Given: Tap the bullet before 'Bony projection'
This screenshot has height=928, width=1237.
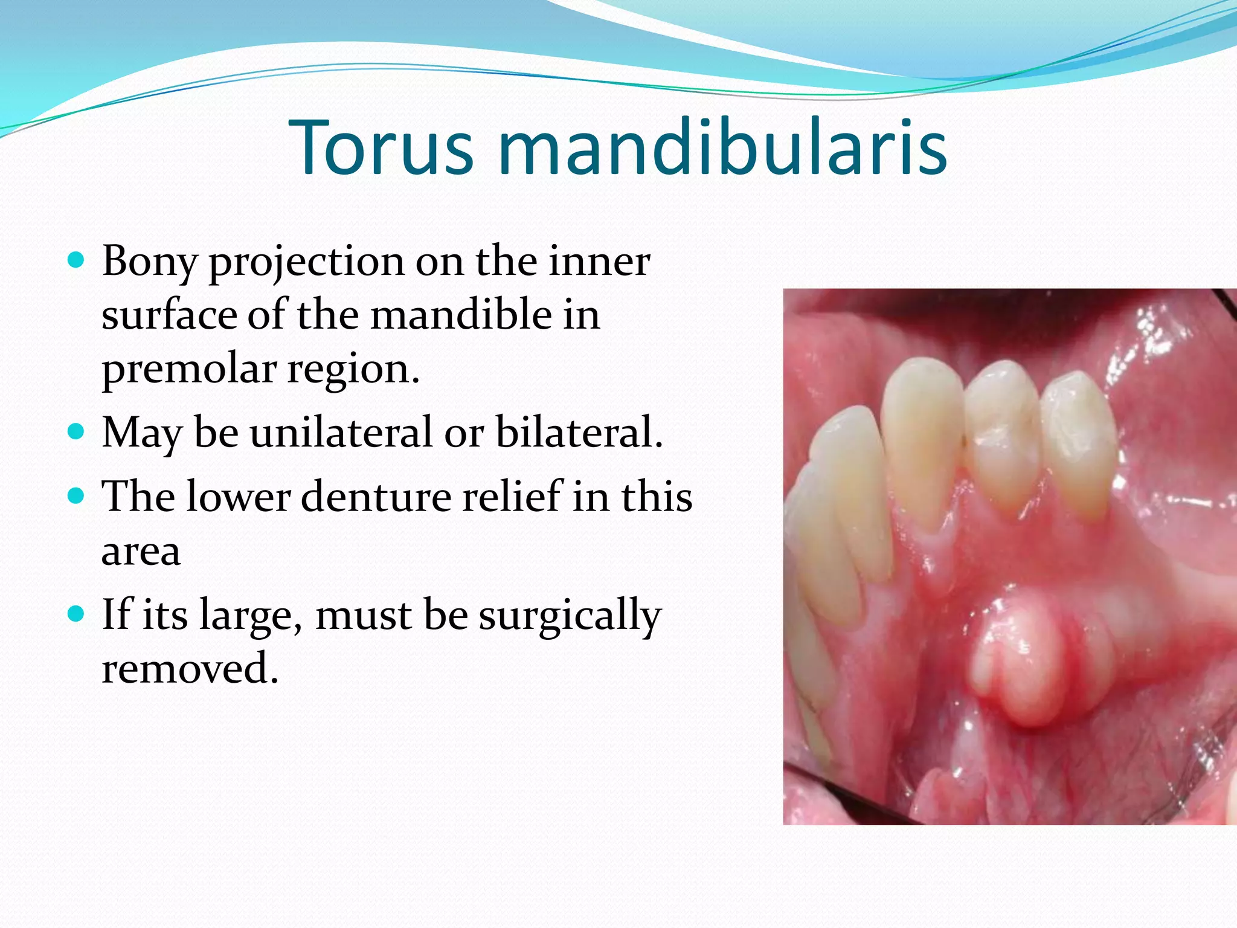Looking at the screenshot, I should tap(76, 261).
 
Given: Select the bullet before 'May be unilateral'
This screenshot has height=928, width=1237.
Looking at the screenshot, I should tap(76, 432).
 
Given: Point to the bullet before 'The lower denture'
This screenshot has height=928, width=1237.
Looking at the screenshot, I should tap(76, 496).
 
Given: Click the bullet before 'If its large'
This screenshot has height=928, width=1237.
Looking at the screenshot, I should tap(76, 614).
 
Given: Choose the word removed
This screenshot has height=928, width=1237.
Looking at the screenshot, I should tap(189, 669).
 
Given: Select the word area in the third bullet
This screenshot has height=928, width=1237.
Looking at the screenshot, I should tap(141, 551).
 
